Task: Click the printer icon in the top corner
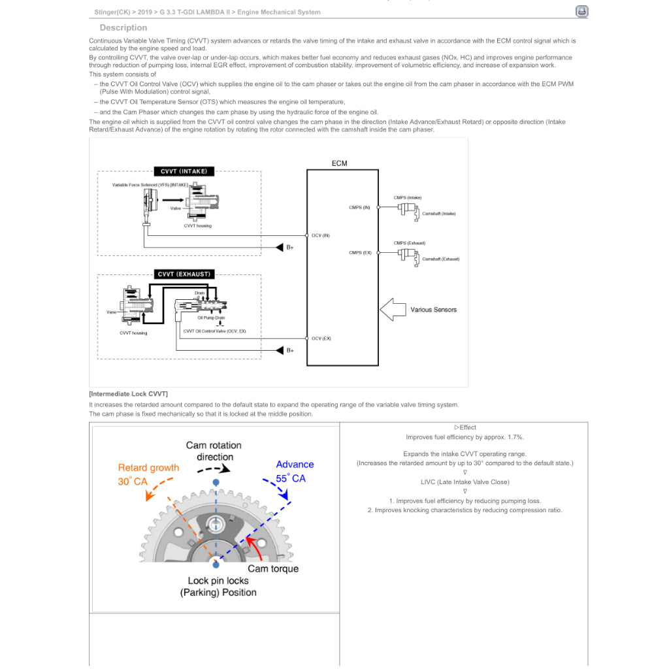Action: tap(581, 11)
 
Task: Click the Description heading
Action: tap(123, 27)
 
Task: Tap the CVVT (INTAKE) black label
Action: tap(184, 171)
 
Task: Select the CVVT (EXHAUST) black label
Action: tap(184, 274)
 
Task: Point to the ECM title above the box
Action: tap(340, 163)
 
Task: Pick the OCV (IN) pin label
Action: tap(320, 235)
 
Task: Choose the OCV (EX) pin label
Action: tap(321, 338)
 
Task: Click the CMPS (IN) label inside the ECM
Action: tap(359, 208)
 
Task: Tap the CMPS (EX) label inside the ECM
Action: tap(360, 253)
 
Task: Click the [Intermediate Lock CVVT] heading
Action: tap(128, 394)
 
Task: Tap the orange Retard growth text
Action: tap(148, 468)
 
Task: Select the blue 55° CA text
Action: tap(291, 478)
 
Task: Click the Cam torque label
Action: tap(273, 568)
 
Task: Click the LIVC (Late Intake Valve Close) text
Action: tap(465, 482)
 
